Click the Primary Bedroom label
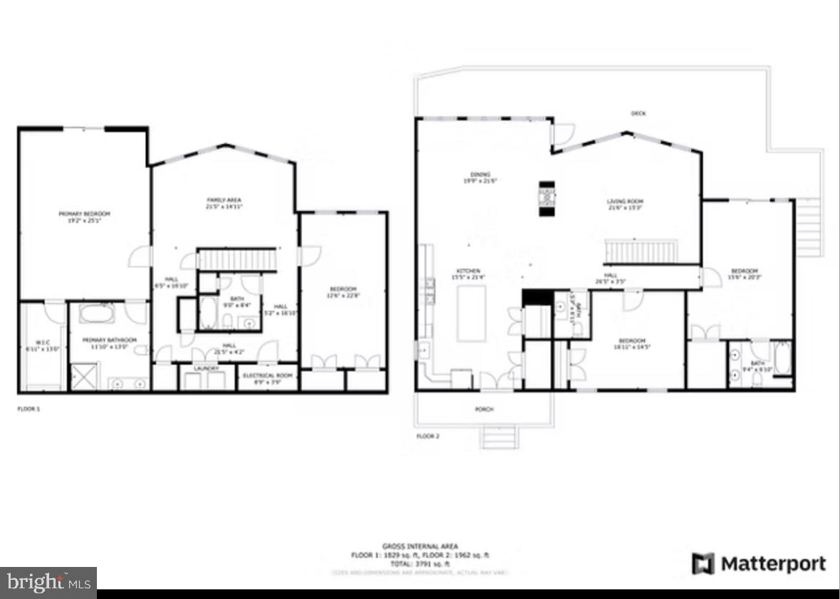tap(84, 214)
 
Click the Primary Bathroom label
tap(109, 340)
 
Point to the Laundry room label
tap(206, 368)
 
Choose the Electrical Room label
tap(268, 375)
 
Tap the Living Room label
tap(626, 202)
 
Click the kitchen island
tap(471, 313)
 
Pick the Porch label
tap(484, 409)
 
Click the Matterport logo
tap(759, 564)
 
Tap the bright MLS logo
tap(48, 583)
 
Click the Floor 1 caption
tap(28, 409)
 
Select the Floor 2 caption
tap(427, 435)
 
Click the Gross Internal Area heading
tap(420, 546)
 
